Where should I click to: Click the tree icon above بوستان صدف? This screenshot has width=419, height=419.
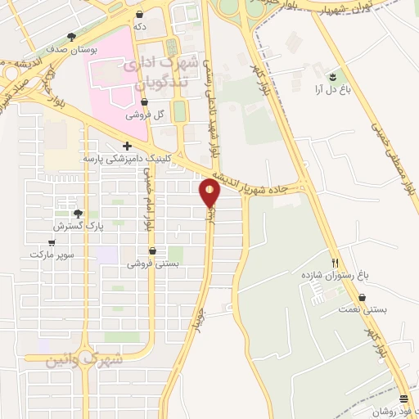tap(72, 37)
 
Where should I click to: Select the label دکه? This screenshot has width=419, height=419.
tap(140, 27)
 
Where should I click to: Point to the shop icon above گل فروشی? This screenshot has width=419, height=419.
tap(145, 102)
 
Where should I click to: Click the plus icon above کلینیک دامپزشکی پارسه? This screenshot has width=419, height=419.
tap(127, 146)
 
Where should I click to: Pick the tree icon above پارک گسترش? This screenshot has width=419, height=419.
tap(78, 212)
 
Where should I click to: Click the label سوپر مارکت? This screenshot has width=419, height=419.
tap(52, 255)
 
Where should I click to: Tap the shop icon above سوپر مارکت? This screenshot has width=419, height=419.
tap(52, 242)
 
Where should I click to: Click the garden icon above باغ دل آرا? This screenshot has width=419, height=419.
tap(332, 77)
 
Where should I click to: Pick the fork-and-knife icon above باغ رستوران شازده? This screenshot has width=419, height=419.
tap(335, 263)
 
